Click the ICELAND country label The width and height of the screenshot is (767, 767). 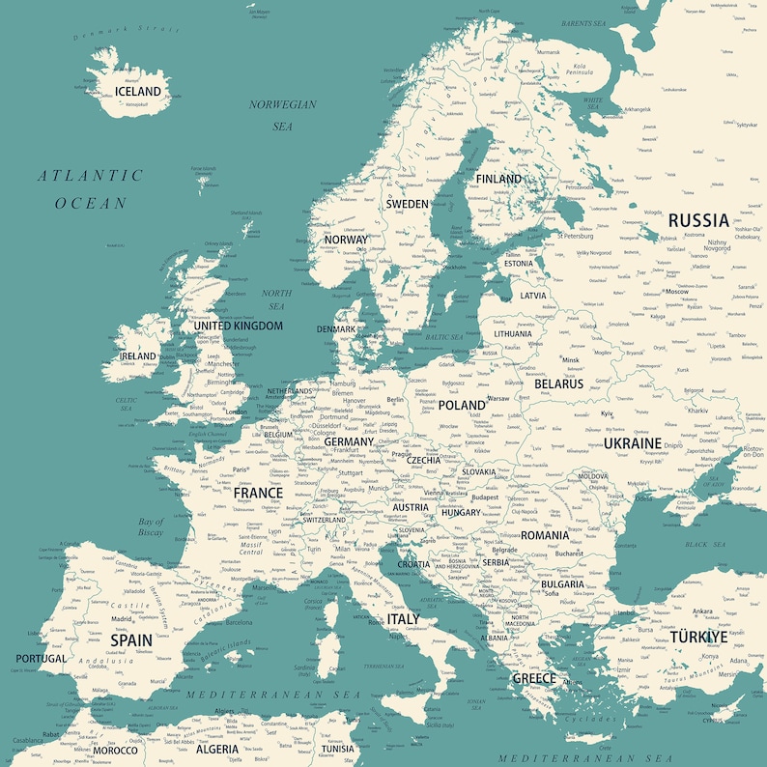(138, 92)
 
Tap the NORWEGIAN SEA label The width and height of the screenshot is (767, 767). (282, 115)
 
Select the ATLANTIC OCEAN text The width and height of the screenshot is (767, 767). (91, 189)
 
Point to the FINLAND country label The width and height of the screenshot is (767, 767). (498, 179)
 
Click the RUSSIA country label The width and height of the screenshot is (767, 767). (698, 220)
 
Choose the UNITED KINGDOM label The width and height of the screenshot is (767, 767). (239, 326)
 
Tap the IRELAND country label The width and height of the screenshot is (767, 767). (138, 355)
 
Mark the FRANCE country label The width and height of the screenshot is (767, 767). (258, 493)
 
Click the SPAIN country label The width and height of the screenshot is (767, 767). (131, 639)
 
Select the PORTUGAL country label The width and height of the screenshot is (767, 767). (41, 659)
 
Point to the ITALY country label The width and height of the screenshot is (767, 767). (404, 618)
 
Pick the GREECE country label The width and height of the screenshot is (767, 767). (534, 678)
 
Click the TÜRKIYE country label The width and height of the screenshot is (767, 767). (698, 637)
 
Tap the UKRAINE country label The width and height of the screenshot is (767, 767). (633, 443)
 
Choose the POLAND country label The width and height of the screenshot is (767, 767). (462, 406)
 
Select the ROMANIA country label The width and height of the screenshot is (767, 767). (545, 535)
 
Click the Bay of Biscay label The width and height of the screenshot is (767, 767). (151, 526)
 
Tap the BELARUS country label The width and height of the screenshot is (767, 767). (559, 383)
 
